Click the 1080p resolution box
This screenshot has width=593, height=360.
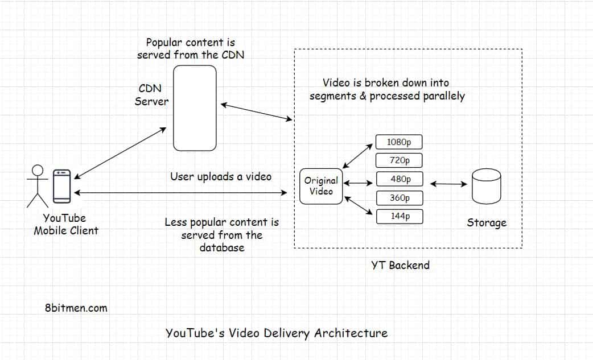coord(400,142)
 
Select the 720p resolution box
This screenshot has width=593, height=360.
coord(400,160)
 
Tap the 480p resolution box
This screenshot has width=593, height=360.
coord(400,179)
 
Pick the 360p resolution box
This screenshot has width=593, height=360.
coord(400,198)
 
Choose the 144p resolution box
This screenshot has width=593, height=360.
coord(400,217)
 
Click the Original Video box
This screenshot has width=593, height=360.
coord(321,186)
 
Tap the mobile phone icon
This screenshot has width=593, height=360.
coord(62,186)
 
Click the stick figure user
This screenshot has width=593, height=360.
coord(38,185)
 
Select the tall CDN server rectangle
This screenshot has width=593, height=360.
coord(195,108)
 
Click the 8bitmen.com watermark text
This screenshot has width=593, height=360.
coord(76,308)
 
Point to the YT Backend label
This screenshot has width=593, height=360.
coord(400,265)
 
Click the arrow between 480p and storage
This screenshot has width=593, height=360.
coord(448,184)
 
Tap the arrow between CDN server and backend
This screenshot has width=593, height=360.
coord(256,112)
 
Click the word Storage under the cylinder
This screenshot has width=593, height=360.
coord(487,222)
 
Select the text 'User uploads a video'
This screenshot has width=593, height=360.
coord(221,177)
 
